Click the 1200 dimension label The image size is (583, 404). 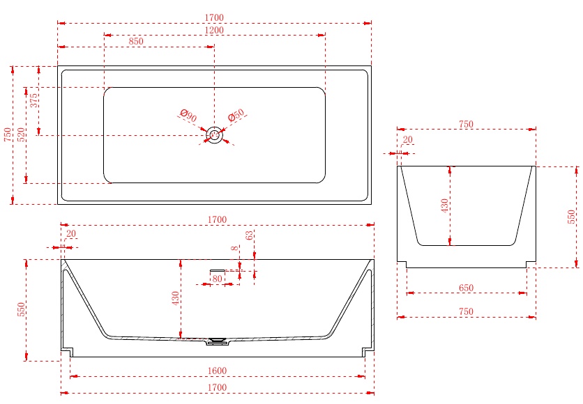pos(215,30)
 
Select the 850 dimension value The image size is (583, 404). pos(136,41)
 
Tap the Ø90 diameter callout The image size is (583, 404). pos(188,116)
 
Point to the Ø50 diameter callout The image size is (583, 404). pos(236,116)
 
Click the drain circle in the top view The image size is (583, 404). pos(215,135)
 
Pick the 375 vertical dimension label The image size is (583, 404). pos(34,100)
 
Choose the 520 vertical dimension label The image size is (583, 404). pos(21,134)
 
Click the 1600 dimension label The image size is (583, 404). pos(217,371)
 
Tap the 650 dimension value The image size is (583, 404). pos(466,288)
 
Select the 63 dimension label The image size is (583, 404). pos(249,235)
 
